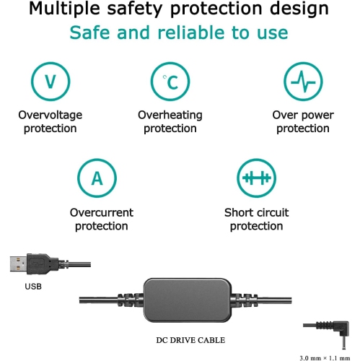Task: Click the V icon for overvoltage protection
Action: [x=51, y=82]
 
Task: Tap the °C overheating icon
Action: [x=170, y=82]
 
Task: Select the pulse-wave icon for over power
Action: [x=303, y=82]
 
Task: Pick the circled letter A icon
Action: [x=97, y=178]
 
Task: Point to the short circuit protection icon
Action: [x=256, y=178]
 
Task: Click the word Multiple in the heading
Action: [x=64, y=9]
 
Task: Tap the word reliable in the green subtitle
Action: [x=190, y=32]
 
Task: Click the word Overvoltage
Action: [x=51, y=115]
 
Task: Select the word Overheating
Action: [x=170, y=115]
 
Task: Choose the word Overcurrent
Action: [x=102, y=212]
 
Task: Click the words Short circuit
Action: [x=256, y=212]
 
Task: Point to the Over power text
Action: [x=303, y=116]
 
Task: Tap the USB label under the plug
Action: [x=33, y=287]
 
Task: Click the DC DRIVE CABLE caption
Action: [x=190, y=340]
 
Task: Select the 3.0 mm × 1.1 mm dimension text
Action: [x=325, y=358]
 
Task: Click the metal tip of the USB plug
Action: [x=18, y=264]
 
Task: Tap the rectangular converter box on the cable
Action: [x=188, y=300]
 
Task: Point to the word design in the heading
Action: [x=299, y=9]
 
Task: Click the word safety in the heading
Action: [x=135, y=9]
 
